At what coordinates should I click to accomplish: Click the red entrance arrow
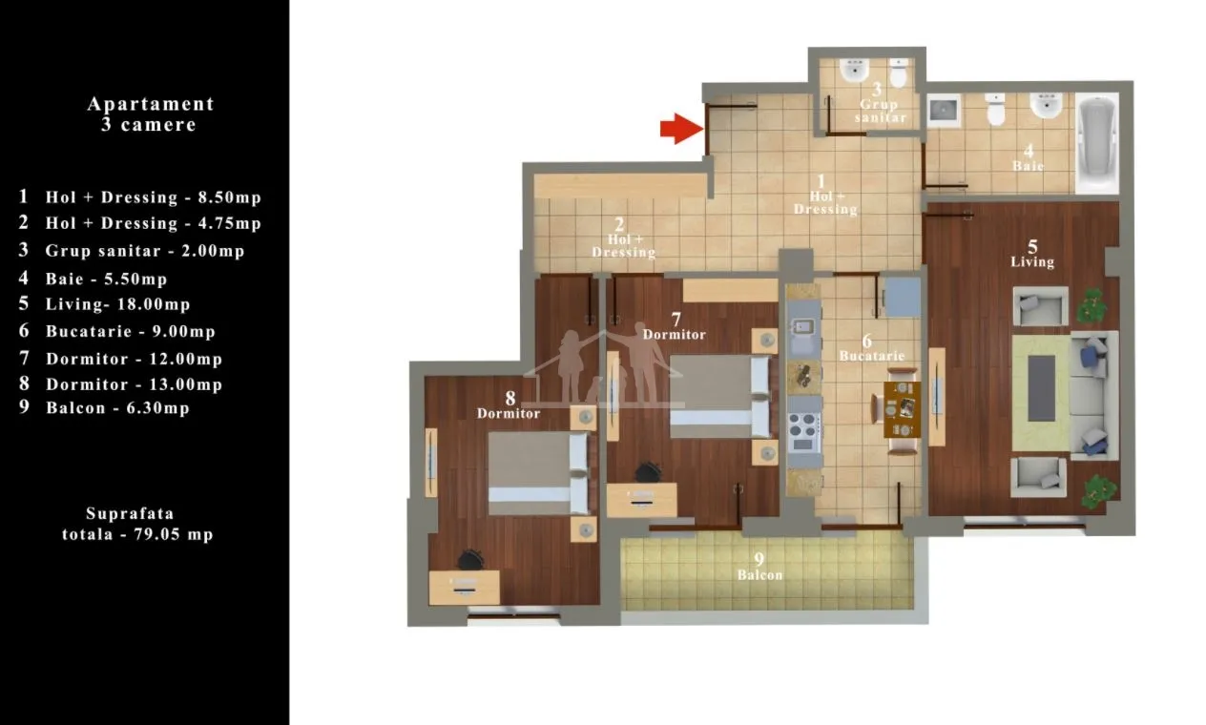coord(681,128)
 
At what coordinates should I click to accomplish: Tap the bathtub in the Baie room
coord(1097,143)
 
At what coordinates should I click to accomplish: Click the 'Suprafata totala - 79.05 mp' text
coord(137,524)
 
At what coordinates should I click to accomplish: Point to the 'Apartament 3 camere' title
coord(150,114)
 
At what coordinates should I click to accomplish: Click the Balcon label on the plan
coord(759,575)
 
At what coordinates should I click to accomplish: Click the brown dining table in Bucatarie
coord(902,409)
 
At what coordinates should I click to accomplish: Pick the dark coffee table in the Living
coord(1041,388)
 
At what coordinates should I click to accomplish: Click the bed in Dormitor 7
coord(720,397)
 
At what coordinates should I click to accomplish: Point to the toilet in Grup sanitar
coord(898,73)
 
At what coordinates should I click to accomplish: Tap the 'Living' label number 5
coord(1032,247)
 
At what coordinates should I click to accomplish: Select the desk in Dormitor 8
coord(464,588)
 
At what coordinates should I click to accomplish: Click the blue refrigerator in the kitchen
coord(903,297)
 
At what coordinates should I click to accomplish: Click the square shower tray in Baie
coord(944,111)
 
